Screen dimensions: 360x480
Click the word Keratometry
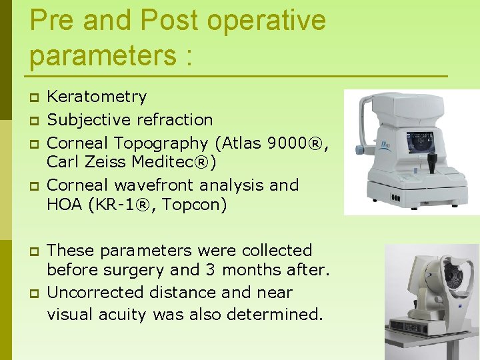coord(97,97)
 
